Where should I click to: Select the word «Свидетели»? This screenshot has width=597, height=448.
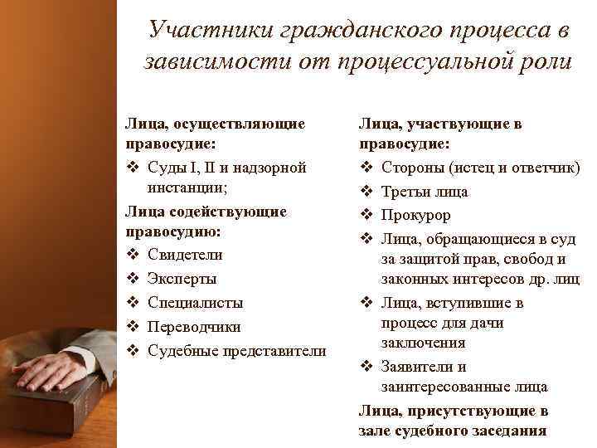pos(185,254)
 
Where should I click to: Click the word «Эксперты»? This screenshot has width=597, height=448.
pos(182,278)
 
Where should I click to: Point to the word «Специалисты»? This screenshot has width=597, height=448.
pos(196,302)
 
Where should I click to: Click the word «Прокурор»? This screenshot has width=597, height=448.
pos(416,216)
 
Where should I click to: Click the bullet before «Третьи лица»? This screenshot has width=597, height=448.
pos(366,192)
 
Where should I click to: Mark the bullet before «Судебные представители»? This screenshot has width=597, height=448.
pos(131,350)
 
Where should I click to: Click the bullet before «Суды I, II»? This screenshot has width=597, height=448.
pos(131,168)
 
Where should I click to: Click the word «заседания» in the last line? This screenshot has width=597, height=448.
pos(505,431)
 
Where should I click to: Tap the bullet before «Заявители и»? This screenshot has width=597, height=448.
pos(366,367)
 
